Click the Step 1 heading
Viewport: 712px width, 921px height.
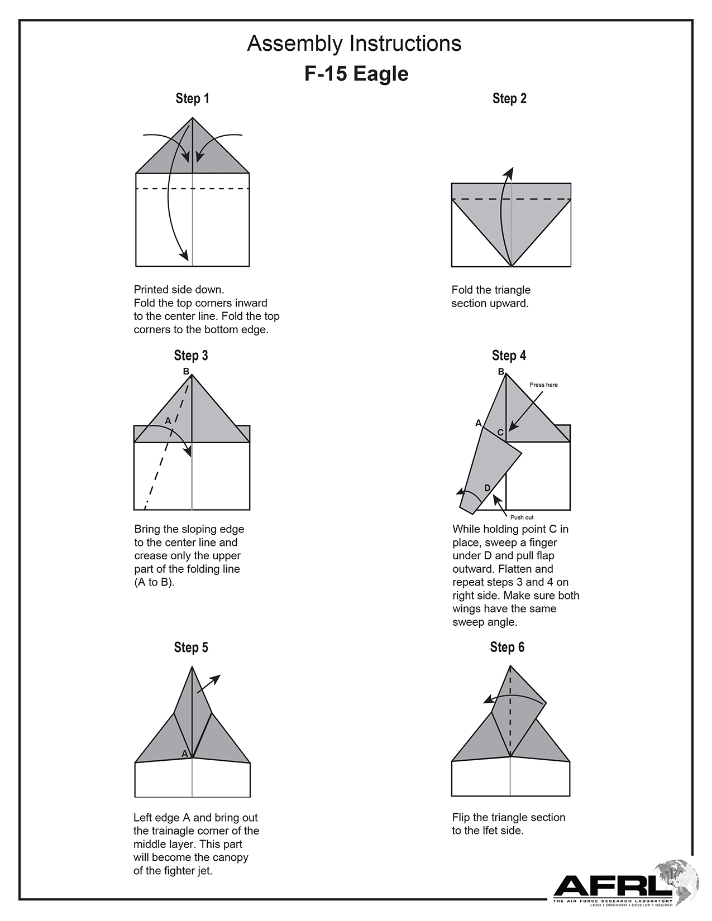pos(192,99)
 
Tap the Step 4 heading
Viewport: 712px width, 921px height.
pos(509,356)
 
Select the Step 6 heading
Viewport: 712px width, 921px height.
pos(507,647)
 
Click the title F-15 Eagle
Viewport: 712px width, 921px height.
pos(356,74)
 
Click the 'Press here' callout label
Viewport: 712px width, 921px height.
pos(543,385)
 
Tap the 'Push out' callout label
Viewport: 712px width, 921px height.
pos(522,517)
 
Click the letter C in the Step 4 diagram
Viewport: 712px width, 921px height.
pos(500,433)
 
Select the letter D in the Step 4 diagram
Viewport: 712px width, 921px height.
pos(487,488)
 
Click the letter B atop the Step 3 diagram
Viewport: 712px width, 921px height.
pos(186,371)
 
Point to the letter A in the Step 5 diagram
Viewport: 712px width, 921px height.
pos(185,754)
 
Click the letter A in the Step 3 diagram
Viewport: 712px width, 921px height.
pos(168,421)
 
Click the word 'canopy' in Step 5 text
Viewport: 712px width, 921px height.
pos(230,857)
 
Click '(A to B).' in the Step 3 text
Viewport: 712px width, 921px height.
pos(154,582)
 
